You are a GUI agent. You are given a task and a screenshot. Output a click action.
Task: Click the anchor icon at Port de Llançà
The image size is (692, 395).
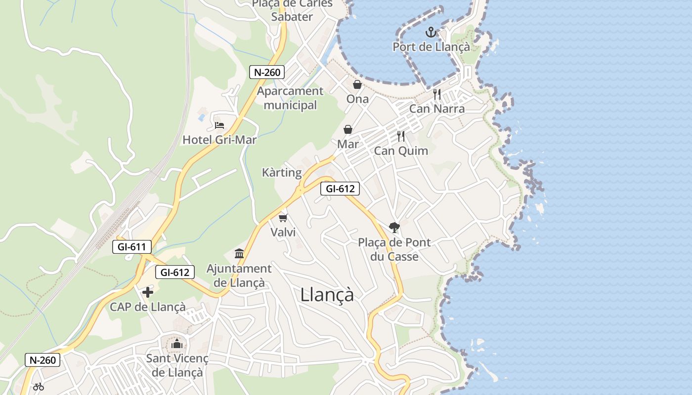coord(431,33)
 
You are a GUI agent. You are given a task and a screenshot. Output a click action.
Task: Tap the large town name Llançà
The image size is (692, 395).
coord(327,295)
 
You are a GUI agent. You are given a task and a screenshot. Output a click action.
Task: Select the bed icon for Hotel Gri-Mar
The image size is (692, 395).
coord(219,125)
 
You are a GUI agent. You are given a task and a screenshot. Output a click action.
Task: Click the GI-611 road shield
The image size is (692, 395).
coord(131,247)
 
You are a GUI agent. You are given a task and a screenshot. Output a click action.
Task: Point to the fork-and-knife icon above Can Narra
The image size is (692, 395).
coord(437,94)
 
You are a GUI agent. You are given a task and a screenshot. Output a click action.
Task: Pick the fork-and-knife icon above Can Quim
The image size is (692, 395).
coord(401,136)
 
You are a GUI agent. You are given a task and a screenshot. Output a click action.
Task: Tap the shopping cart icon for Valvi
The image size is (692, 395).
coord(283,218)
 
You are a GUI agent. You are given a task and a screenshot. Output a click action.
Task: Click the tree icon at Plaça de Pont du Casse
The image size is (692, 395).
coord(394,228)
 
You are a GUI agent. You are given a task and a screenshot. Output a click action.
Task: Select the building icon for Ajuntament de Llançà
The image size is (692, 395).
coord(239,254)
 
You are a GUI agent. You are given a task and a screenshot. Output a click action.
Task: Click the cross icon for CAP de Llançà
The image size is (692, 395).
coord(147,292)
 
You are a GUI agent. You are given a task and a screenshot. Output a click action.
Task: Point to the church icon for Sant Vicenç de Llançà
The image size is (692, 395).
coord(177,344)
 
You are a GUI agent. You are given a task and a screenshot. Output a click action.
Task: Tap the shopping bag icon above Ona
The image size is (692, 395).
coord(357,85)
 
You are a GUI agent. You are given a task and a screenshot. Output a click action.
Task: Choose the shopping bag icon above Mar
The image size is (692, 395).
coord(348,130)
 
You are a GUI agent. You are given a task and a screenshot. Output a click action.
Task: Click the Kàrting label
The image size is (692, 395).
coord(282,173)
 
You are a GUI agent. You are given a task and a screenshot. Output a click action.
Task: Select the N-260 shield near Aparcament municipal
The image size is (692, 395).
coord(267,72)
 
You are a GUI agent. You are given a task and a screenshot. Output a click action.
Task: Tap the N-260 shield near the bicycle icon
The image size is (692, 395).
coord(43,360)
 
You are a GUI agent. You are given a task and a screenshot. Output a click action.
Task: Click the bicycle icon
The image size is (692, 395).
coord(39,387)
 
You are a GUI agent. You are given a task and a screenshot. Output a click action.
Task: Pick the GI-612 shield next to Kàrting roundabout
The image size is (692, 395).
coord(340,188)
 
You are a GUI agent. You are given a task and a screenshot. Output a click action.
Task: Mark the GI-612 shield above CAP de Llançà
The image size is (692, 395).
coord(174,272)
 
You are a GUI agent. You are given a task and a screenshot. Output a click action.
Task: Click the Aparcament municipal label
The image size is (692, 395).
coord(290,98)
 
